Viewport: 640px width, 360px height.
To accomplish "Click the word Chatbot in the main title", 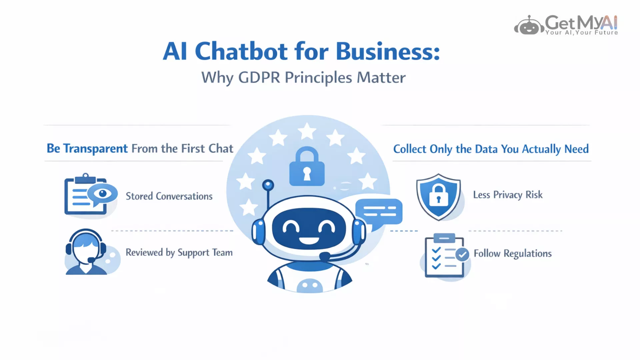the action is [241, 52].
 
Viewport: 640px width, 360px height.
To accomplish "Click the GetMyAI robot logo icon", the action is [529, 25].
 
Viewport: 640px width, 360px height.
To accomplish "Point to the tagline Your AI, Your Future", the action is [582, 33].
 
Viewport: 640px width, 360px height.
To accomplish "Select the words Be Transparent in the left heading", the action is [87, 149].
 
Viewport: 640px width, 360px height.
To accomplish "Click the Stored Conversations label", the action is [169, 196].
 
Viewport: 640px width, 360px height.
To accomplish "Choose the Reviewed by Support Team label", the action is [179, 253].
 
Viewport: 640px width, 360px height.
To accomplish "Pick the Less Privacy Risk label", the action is [508, 195].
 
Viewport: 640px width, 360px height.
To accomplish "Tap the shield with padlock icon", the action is [439, 197].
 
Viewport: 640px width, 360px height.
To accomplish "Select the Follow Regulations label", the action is [513, 254].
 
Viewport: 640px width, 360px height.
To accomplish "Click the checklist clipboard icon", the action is [445, 255].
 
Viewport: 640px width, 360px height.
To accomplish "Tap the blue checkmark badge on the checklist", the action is [462, 254].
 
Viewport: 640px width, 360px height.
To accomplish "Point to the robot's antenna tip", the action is [268, 185].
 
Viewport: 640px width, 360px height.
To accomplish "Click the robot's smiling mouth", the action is [308, 240].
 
